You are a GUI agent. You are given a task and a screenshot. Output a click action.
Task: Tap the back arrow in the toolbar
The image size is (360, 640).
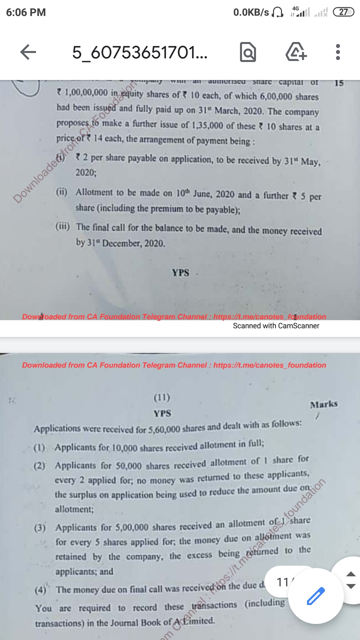[x=28, y=52]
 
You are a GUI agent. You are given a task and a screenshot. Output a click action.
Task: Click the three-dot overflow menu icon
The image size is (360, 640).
[x=338, y=52]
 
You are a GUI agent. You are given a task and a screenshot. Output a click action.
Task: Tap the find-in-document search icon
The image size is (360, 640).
[x=248, y=52]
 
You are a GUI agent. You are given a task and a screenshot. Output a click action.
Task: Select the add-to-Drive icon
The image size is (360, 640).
[x=296, y=52]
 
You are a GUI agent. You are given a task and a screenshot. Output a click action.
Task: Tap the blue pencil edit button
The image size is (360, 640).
[x=315, y=596]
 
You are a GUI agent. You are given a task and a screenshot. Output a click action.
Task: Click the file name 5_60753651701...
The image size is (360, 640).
[x=140, y=53]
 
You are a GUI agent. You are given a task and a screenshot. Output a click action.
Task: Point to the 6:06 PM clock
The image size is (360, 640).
[x=26, y=12]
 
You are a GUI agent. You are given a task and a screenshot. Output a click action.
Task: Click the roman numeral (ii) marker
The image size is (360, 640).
[x=62, y=192]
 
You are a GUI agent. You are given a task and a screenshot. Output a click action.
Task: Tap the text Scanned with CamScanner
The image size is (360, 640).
[x=276, y=326]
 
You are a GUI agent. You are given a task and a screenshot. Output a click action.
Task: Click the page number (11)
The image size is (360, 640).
[x=162, y=397]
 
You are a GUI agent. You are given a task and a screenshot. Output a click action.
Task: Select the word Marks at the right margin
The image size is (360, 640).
[x=324, y=404]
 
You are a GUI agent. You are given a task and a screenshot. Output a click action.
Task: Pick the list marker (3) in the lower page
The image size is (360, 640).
[x=40, y=528]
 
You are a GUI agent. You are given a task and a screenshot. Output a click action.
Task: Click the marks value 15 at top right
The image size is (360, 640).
[x=339, y=83]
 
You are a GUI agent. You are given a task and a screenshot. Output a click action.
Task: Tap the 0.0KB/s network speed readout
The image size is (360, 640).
[x=251, y=12]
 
